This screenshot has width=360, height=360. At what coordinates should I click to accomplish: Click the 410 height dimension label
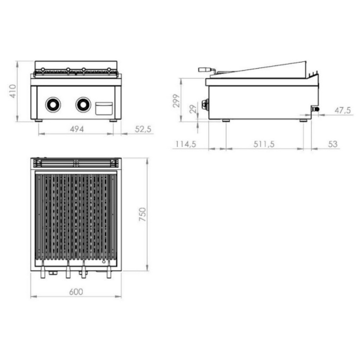pyautogui.click(x=13, y=91)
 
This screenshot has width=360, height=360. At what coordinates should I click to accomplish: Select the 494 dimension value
pyautogui.click(x=77, y=129)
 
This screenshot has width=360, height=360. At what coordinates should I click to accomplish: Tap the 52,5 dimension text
pyautogui.click(x=143, y=129)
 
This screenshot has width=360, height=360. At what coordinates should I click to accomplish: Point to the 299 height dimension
pyautogui.click(x=176, y=101)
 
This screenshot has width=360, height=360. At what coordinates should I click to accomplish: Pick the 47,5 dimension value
pyautogui.click(x=343, y=110)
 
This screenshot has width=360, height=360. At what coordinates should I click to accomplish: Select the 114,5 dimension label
pyautogui.click(x=186, y=144)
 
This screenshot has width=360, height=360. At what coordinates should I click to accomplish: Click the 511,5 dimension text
pyautogui.click(x=264, y=144)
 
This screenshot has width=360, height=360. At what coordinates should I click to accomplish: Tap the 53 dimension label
pyautogui.click(x=333, y=144)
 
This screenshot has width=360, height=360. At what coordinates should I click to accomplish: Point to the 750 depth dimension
pyautogui.click(x=143, y=214)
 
